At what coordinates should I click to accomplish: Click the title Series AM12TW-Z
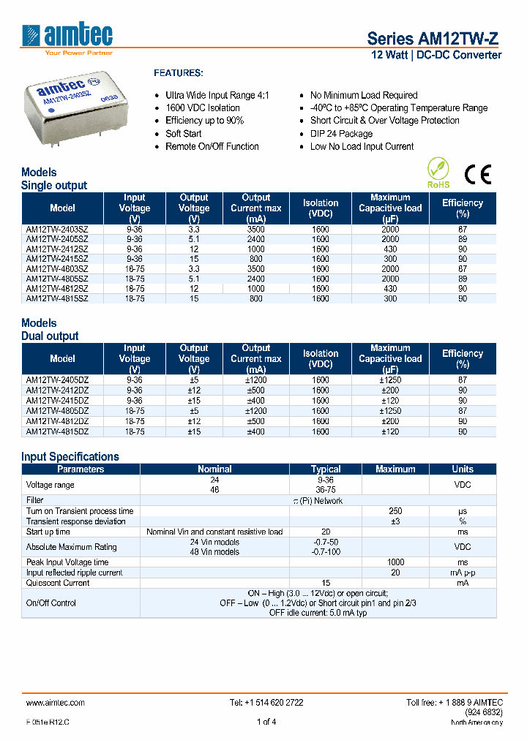(434, 39)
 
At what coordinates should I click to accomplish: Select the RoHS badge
(438, 174)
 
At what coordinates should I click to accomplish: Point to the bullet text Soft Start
(183, 134)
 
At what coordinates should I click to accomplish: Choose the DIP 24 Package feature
(341, 134)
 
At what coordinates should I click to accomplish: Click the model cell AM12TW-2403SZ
(57, 229)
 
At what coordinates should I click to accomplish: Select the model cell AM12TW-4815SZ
(57, 298)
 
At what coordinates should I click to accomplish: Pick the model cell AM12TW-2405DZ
(57, 380)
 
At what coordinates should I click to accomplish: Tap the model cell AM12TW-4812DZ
(57, 422)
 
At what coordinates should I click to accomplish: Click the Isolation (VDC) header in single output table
(321, 208)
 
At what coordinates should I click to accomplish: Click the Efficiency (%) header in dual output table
(462, 359)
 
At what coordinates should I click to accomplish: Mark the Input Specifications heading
(70, 457)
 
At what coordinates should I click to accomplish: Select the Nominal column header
(214, 469)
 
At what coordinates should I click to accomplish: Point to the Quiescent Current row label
(58, 583)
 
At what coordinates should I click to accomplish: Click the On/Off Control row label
(51, 603)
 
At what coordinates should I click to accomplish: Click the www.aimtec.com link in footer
(56, 703)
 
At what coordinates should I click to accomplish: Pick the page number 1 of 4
(266, 722)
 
